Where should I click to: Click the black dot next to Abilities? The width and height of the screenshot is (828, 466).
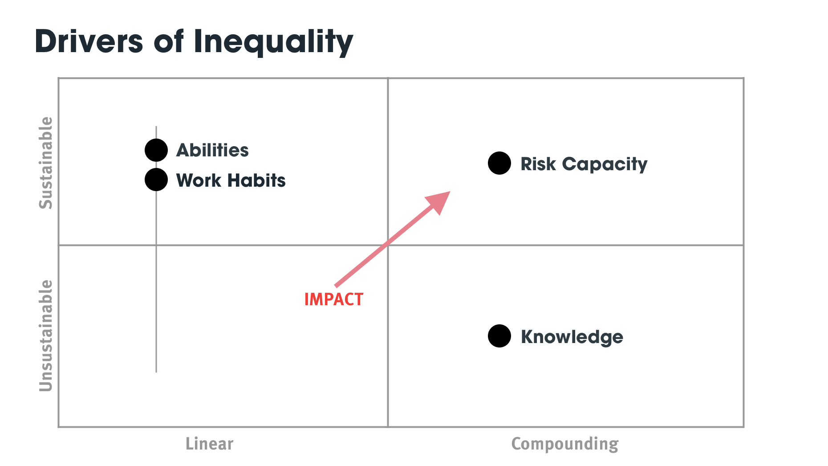click(x=156, y=150)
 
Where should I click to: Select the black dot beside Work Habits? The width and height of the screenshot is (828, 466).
click(x=156, y=180)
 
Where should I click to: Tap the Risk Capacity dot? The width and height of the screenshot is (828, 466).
click(x=499, y=163)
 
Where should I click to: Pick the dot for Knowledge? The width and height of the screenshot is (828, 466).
click(x=499, y=336)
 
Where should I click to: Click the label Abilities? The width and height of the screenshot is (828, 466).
click(x=212, y=150)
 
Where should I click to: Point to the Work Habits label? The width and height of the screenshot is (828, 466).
click(x=231, y=180)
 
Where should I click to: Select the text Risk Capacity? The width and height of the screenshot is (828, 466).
click(x=584, y=164)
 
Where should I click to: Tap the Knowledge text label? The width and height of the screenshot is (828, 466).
click(x=572, y=337)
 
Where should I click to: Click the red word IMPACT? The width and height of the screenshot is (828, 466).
click(x=334, y=299)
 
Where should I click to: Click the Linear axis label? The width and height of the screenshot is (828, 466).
click(x=209, y=444)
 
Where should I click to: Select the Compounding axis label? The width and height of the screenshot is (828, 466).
click(x=565, y=444)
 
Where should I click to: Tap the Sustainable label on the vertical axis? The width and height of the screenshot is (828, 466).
click(x=46, y=163)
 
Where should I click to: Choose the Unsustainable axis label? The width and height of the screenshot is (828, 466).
click(x=46, y=336)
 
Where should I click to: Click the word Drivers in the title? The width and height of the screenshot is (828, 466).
click(x=89, y=41)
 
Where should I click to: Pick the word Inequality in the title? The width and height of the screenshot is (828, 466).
click(x=273, y=42)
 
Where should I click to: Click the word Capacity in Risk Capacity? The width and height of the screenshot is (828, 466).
click(x=605, y=164)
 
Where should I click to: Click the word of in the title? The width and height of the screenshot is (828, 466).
click(x=169, y=41)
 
